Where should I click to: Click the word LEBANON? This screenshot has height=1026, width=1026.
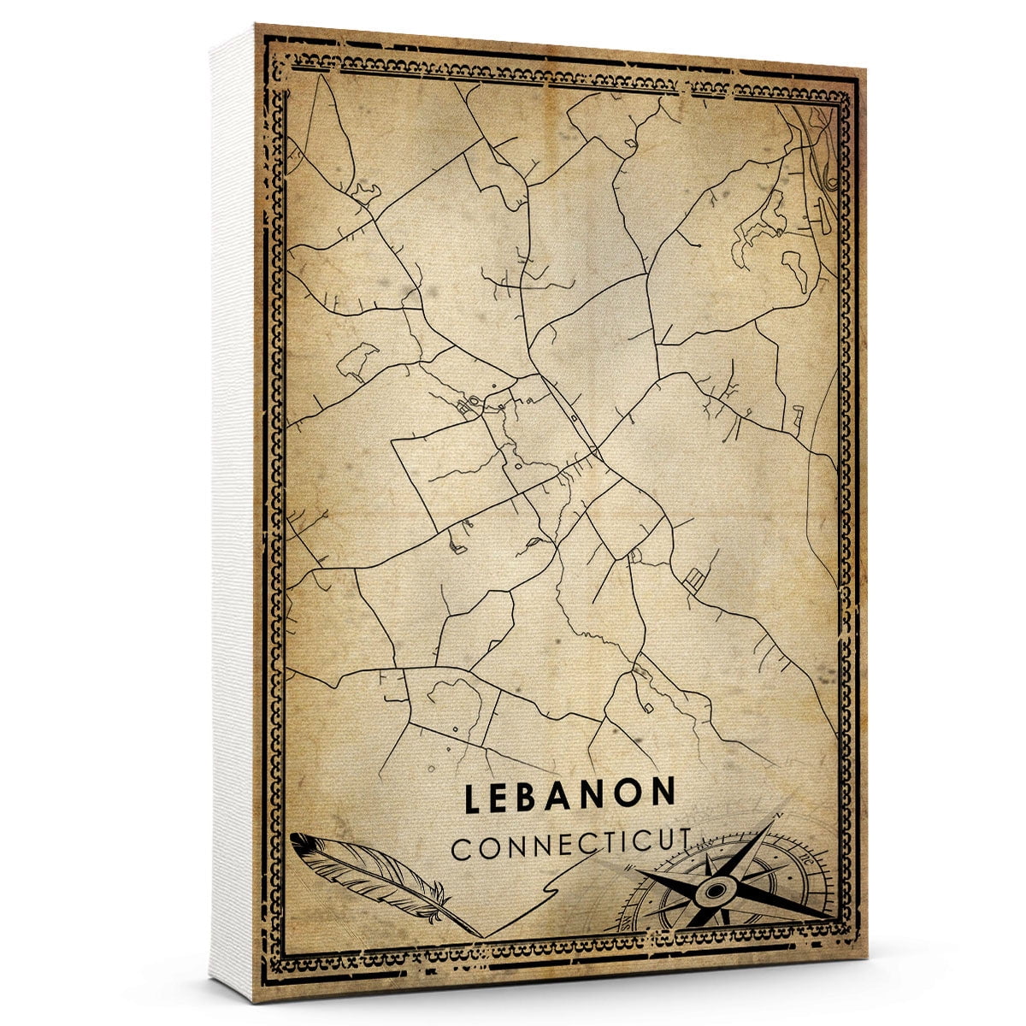[570, 796]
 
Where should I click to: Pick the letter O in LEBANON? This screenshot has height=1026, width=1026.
[631, 795]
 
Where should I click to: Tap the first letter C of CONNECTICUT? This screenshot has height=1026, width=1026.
[460, 851]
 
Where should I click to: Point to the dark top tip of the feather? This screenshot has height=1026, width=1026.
[298, 841]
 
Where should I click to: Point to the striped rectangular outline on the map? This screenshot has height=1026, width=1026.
[694, 580]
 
